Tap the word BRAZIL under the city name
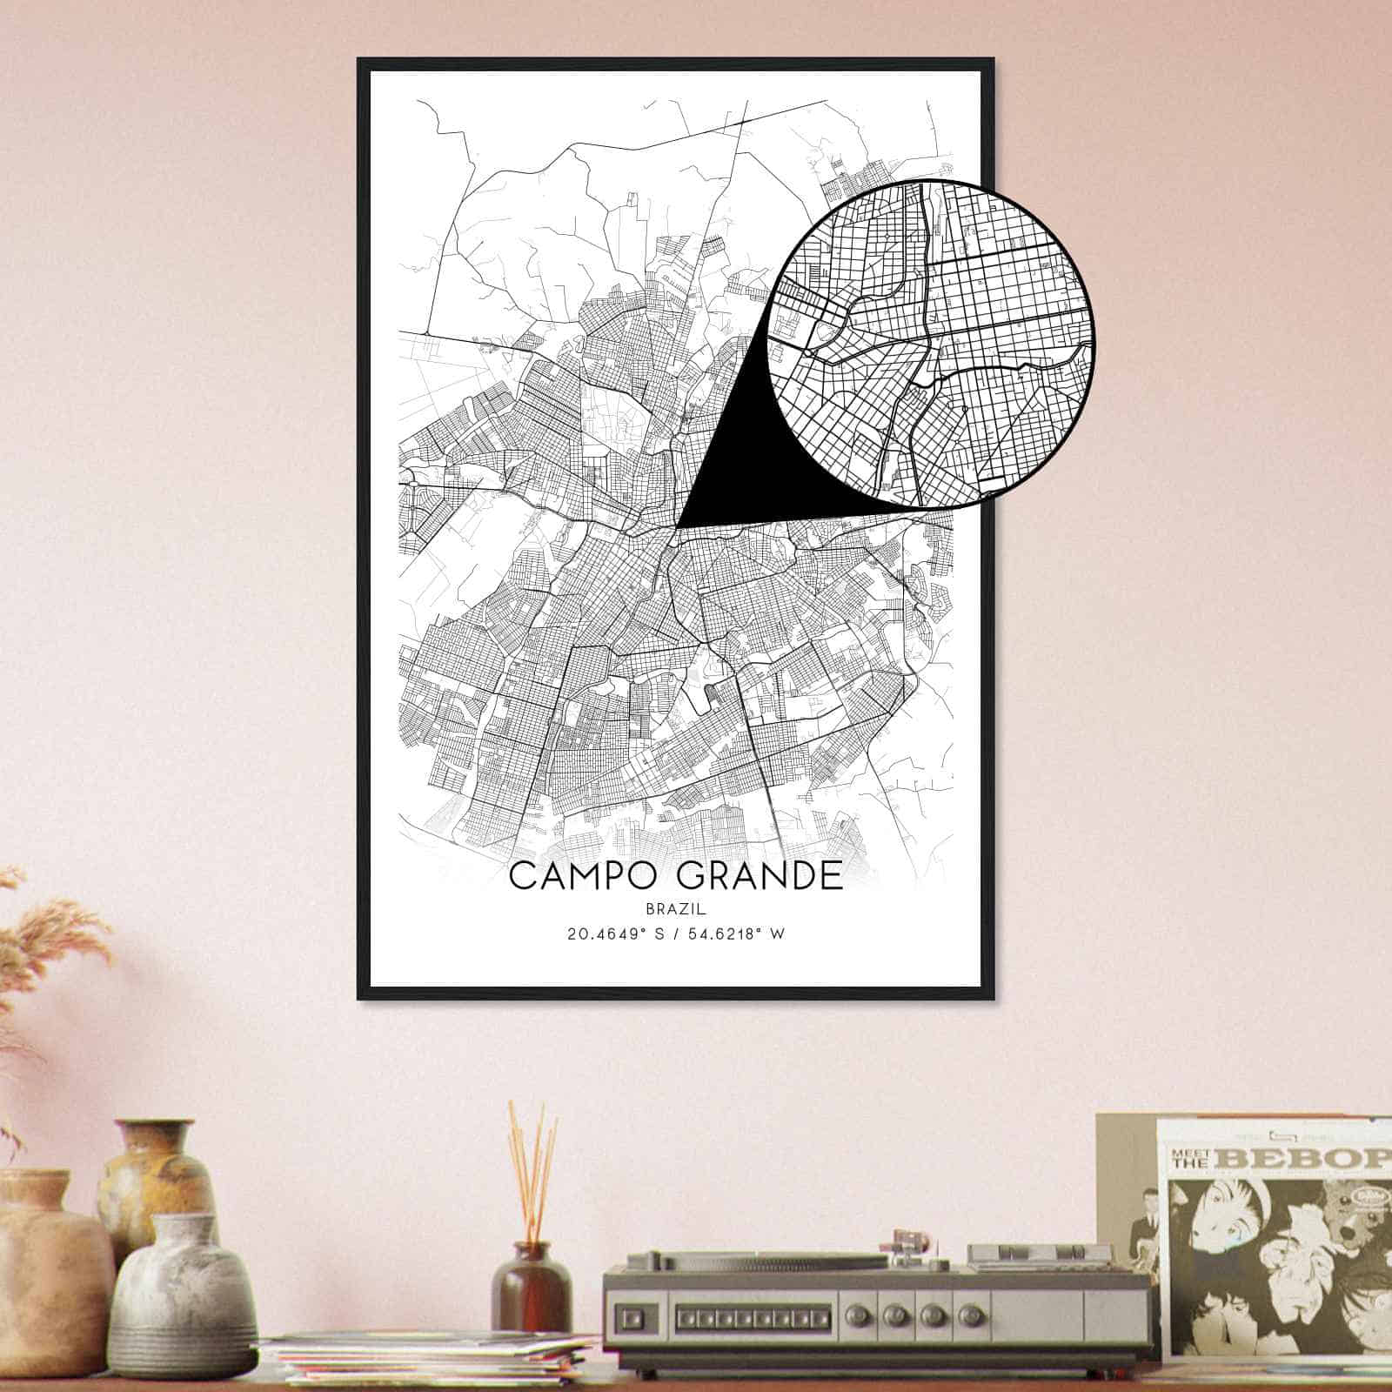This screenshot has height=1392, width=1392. (x=675, y=908)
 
